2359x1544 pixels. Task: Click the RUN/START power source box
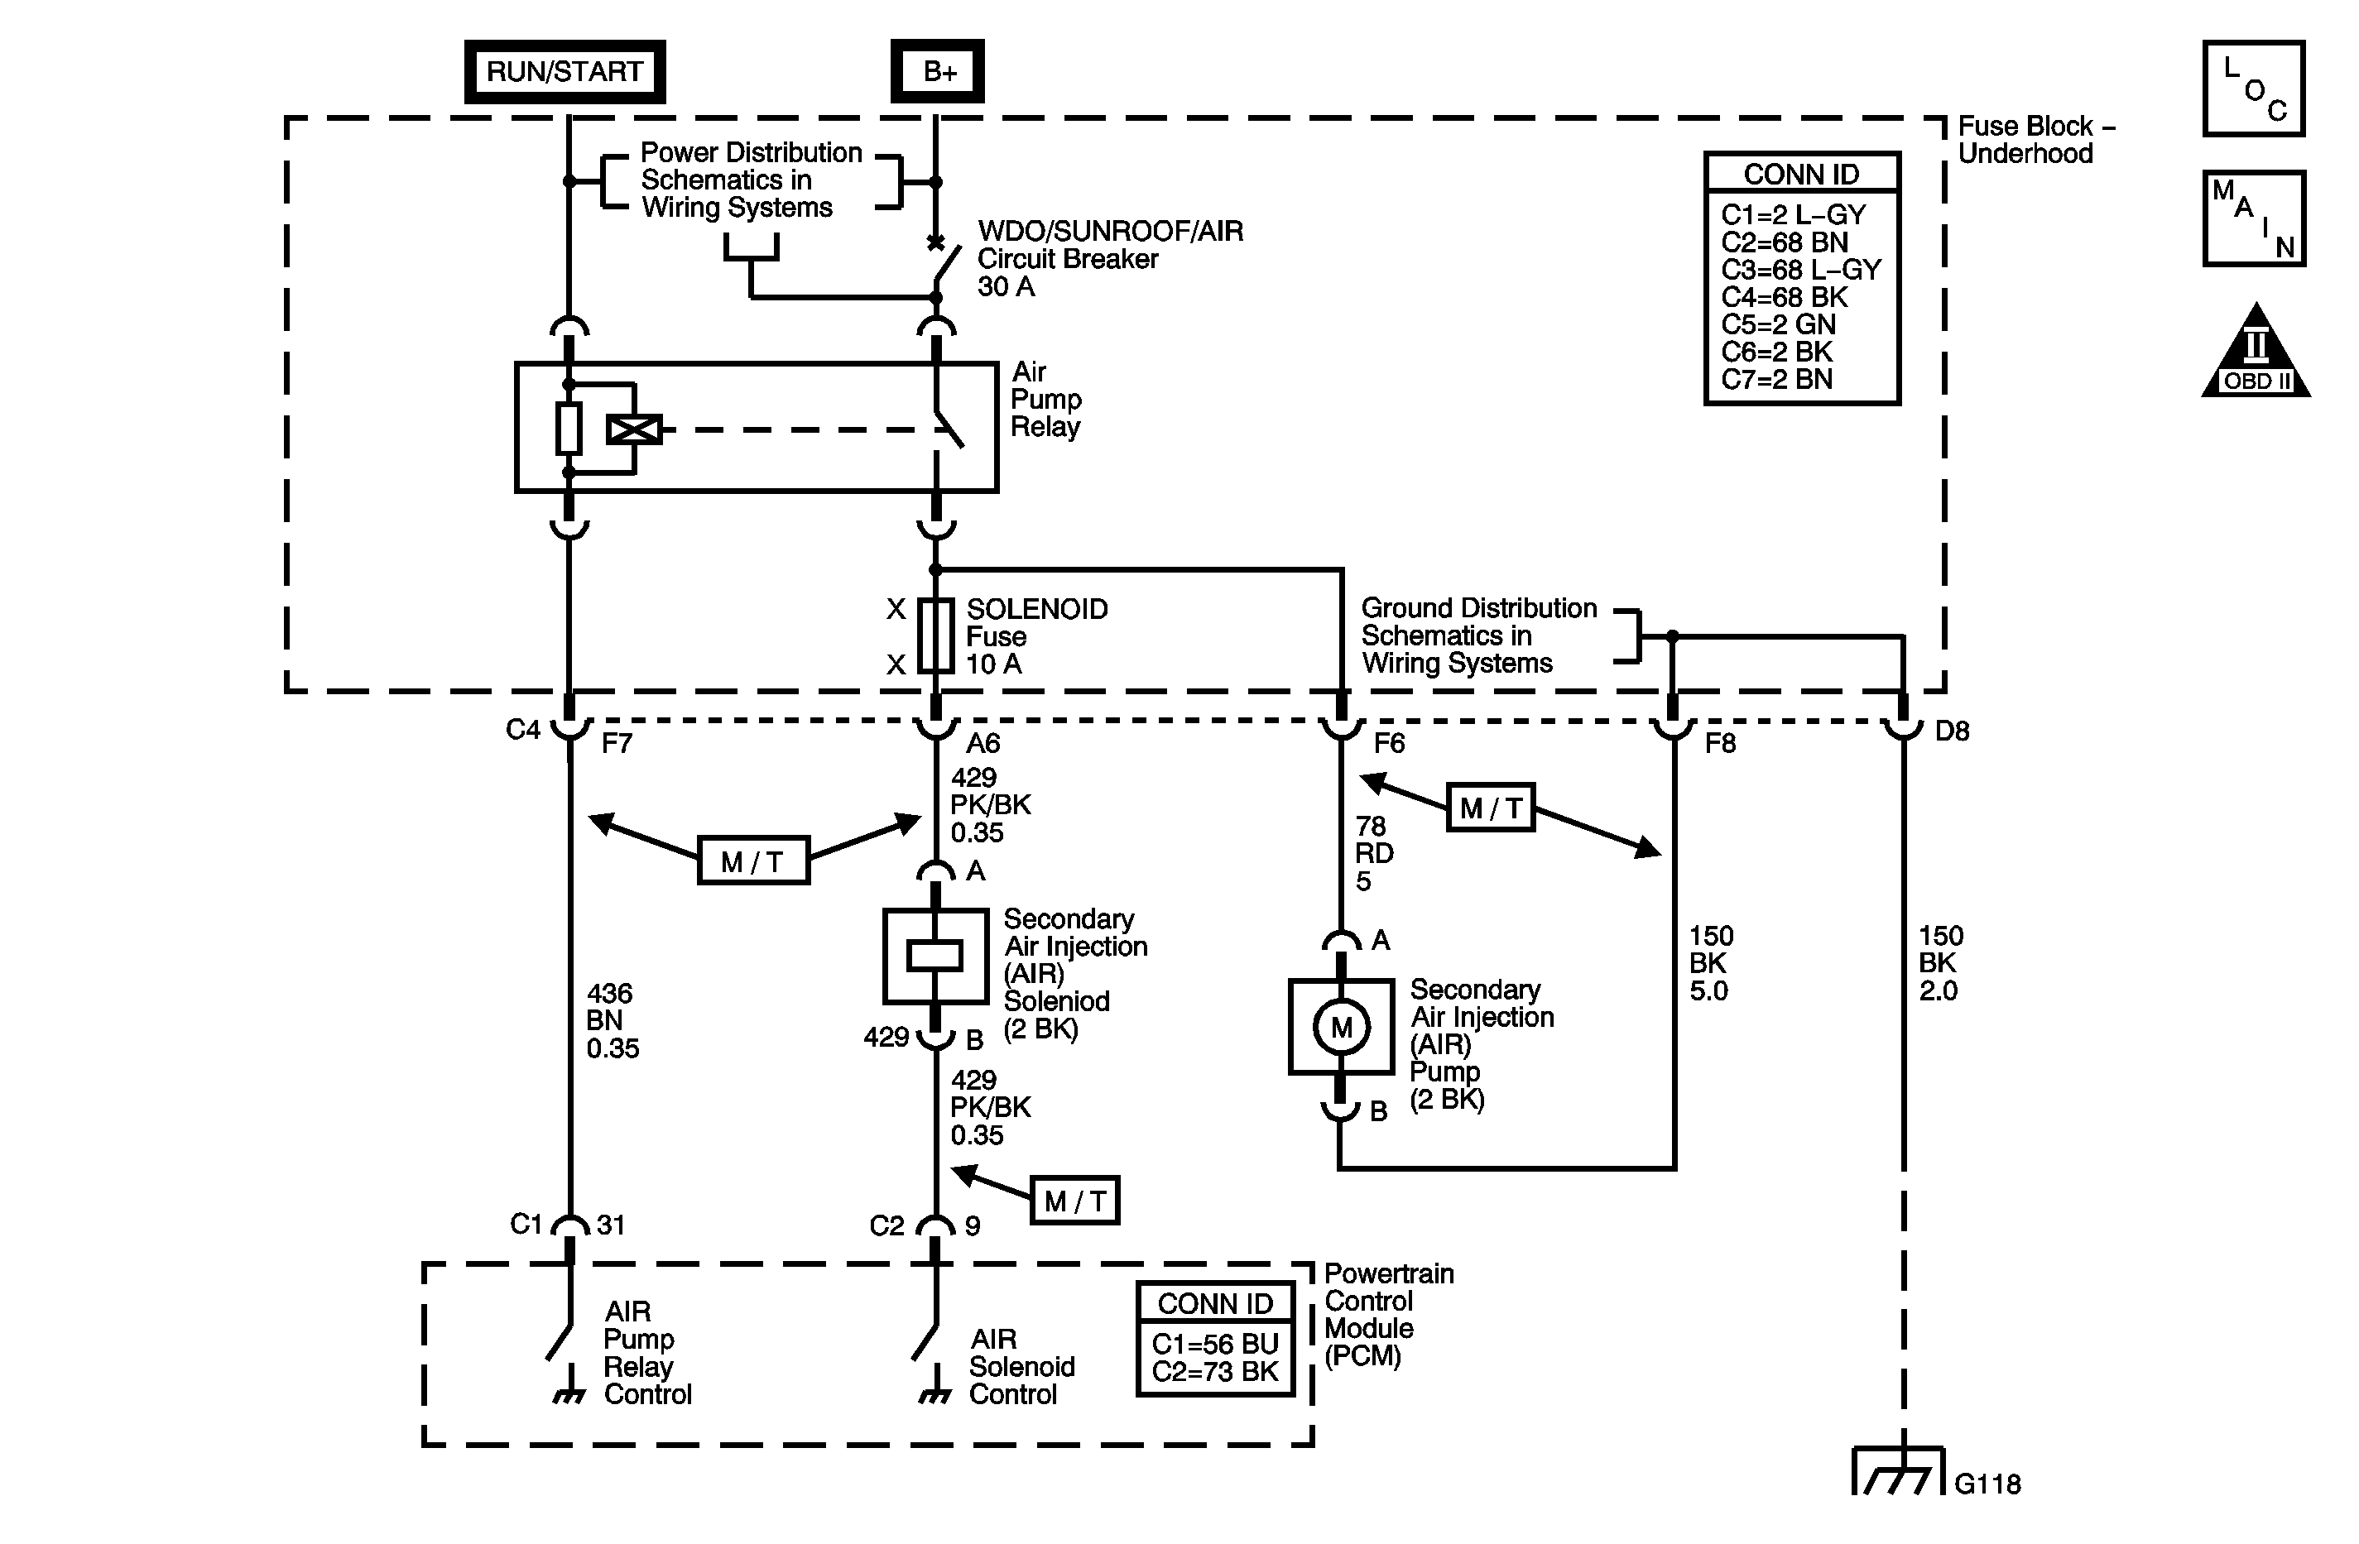pos(564,71)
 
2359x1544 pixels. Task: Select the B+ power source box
pos(938,71)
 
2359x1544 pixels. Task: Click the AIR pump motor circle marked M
pos(1341,1028)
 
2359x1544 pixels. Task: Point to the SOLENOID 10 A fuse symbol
pos(935,636)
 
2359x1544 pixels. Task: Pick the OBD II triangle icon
pos(2255,357)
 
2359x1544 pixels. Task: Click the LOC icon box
pos(2253,89)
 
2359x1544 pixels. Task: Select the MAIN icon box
pos(2253,219)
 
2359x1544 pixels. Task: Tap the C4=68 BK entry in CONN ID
pos(1784,297)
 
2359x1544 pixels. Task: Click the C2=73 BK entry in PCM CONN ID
pos(1215,1372)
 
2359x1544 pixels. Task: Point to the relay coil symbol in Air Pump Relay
pos(634,430)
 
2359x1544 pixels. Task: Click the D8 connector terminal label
pos(1952,731)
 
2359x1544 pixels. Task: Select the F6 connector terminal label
pos(1390,743)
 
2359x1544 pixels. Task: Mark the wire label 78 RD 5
pos(1374,853)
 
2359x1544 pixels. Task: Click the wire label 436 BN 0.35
pos(613,1021)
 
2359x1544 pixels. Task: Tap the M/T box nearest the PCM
pos(1074,1201)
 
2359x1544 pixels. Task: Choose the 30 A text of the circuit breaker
pos(1005,287)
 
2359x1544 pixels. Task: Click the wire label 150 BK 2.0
pos(1939,963)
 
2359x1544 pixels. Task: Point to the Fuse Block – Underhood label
pos(2034,140)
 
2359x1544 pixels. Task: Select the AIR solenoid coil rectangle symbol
pos(934,956)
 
